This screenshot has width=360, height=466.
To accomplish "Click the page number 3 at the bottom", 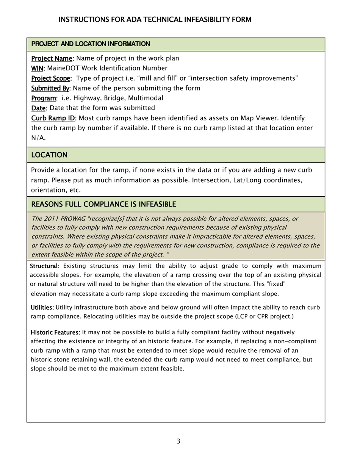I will click(x=178, y=441).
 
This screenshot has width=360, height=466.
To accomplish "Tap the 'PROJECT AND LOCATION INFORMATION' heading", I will click(x=90, y=44).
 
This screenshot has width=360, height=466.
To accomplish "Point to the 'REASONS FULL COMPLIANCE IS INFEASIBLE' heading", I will click(x=103, y=205).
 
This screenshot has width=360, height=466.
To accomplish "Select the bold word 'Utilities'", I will click(x=42, y=307).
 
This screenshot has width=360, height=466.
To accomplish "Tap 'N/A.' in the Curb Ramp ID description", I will click(x=38, y=138).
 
